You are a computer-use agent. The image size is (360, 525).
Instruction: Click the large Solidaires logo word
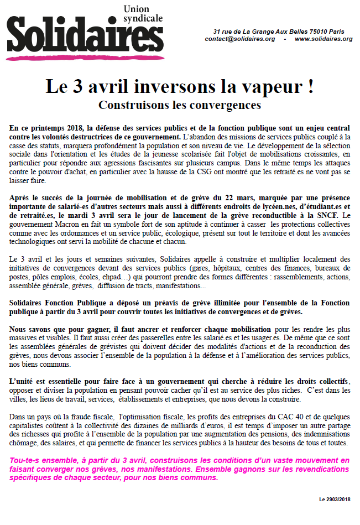point(82,38)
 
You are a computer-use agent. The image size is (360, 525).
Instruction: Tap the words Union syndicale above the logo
point(143,14)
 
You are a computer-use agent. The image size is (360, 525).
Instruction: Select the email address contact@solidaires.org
point(239,39)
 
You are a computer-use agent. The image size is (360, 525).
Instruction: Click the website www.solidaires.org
point(324,39)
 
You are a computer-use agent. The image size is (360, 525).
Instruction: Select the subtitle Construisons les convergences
point(180,104)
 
